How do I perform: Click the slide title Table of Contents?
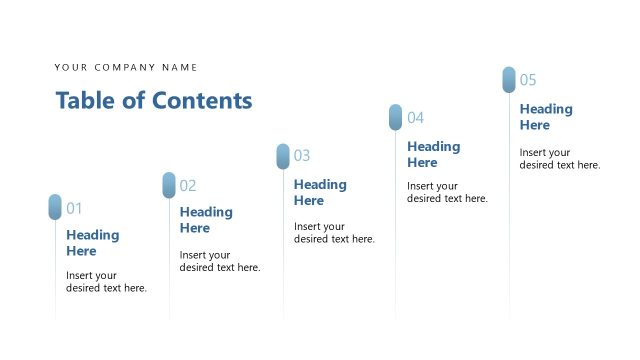coord(154,101)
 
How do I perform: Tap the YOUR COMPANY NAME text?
coord(126,68)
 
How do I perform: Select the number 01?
coord(74,208)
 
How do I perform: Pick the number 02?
coord(188,185)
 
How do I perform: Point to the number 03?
coord(302,156)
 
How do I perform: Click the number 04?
coord(415,118)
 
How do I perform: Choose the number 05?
coord(528,80)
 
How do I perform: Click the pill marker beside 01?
coord(55,207)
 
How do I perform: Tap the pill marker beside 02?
coord(169,185)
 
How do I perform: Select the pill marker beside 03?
coord(283,156)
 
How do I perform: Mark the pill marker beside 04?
coord(396,117)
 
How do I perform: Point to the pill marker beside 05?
coord(509,80)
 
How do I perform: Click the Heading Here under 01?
coord(93,243)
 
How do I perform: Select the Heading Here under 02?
coord(206,220)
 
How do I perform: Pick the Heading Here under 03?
coord(320,192)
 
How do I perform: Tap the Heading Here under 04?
coord(433,154)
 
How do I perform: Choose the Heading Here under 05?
coord(546,117)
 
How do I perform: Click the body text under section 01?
coord(106,282)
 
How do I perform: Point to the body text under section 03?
coord(334,233)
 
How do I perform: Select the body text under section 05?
coord(559,159)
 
